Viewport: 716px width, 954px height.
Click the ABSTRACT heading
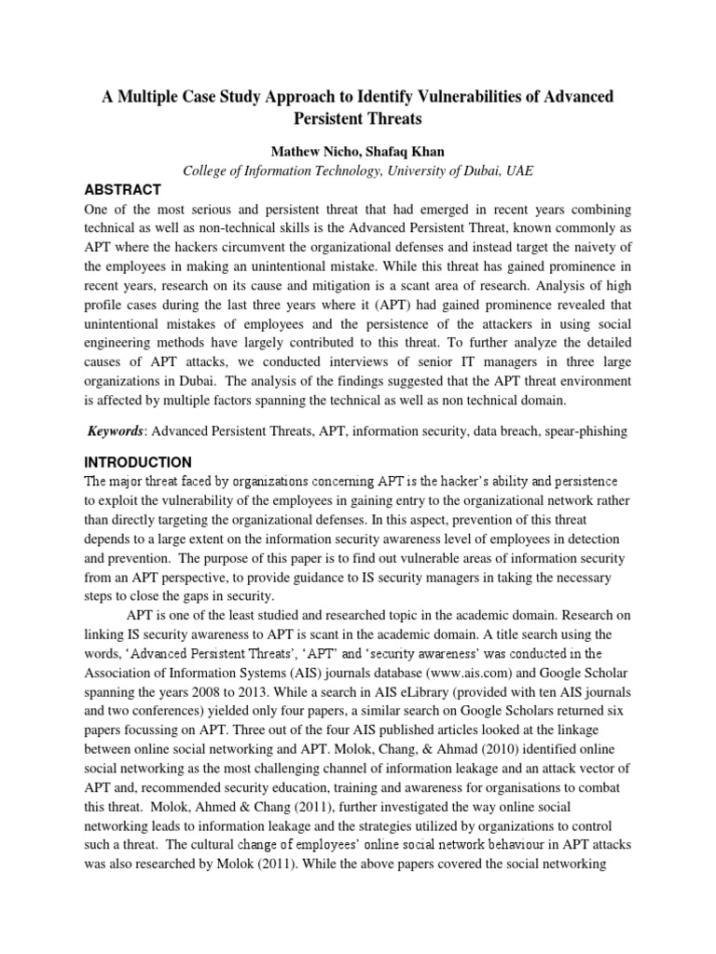(x=123, y=189)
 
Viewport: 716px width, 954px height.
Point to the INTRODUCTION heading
(x=138, y=462)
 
